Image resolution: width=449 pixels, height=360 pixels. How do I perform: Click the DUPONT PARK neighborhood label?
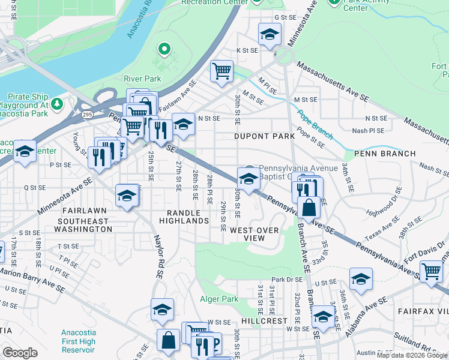(x=264, y=136)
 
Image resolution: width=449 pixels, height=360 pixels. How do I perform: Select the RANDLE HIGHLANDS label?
(x=184, y=217)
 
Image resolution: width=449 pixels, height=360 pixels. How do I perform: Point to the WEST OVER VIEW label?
(x=255, y=234)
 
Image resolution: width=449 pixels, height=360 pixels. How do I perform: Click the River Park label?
(x=142, y=79)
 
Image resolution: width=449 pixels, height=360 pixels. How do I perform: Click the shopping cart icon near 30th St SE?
(x=221, y=71)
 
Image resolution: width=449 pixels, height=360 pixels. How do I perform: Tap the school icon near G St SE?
(x=270, y=34)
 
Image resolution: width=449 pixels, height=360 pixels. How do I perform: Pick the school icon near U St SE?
(x=360, y=278)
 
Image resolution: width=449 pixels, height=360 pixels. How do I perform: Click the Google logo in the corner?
(x=20, y=353)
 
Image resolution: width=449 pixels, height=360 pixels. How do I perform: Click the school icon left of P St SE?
(x=25, y=151)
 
